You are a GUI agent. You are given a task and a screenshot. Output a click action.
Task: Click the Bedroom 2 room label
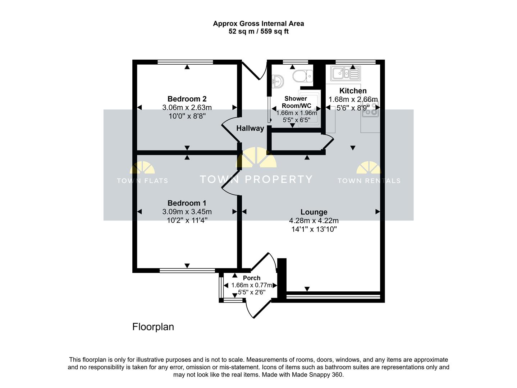click(187, 99)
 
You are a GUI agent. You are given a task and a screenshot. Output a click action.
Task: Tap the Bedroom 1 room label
click(187, 203)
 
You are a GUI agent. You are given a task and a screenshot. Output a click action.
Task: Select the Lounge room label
click(314, 212)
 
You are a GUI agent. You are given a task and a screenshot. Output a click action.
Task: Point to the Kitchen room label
click(353, 91)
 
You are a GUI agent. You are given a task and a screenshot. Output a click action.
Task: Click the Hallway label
click(250, 129)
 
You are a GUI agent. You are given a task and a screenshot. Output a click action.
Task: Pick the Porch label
click(252, 278)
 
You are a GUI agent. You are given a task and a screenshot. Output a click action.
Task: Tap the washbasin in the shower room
click(278, 82)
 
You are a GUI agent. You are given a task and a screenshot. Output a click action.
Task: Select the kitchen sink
click(346, 73)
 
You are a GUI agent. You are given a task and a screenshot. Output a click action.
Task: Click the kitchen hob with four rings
click(371, 109)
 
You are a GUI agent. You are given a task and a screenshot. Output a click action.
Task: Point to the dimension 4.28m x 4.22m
click(314, 221)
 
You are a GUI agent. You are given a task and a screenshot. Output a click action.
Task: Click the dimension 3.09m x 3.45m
click(187, 212)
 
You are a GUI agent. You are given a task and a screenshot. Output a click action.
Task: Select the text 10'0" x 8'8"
click(187, 116)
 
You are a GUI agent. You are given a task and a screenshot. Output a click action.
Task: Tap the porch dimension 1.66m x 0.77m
click(252, 285)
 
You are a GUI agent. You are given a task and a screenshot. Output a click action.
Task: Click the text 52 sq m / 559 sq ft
click(258, 32)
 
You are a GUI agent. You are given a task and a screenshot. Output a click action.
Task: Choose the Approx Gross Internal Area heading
click(258, 23)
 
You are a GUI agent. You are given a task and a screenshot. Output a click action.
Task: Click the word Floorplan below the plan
click(153, 327)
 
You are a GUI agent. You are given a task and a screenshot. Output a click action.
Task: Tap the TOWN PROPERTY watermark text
click(256, 179)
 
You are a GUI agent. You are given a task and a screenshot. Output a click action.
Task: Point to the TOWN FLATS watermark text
click(142, 181)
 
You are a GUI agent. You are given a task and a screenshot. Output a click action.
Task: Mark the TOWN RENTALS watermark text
click(369, 181)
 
